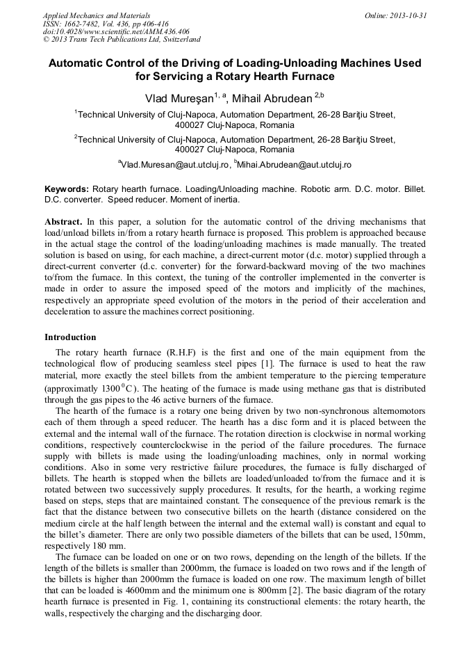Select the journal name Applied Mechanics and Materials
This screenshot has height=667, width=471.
97,15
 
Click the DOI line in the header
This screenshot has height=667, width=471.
116,31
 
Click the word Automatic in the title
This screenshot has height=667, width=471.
77,63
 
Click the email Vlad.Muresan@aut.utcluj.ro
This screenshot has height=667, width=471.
174,165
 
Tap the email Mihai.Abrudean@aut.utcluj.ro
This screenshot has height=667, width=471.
295,165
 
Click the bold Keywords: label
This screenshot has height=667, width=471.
67,189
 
